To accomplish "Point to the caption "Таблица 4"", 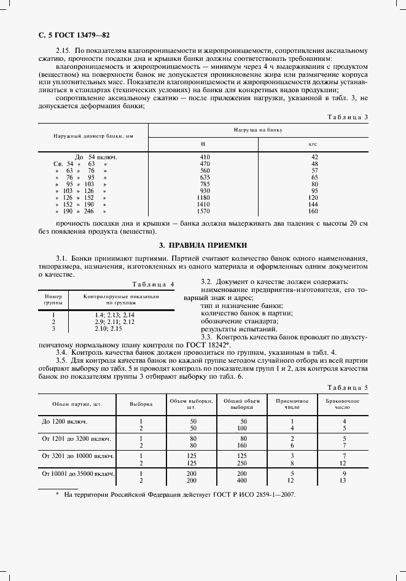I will pos(154,284).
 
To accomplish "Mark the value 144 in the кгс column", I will pos(314,204).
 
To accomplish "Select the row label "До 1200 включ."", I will pos(64,421).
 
